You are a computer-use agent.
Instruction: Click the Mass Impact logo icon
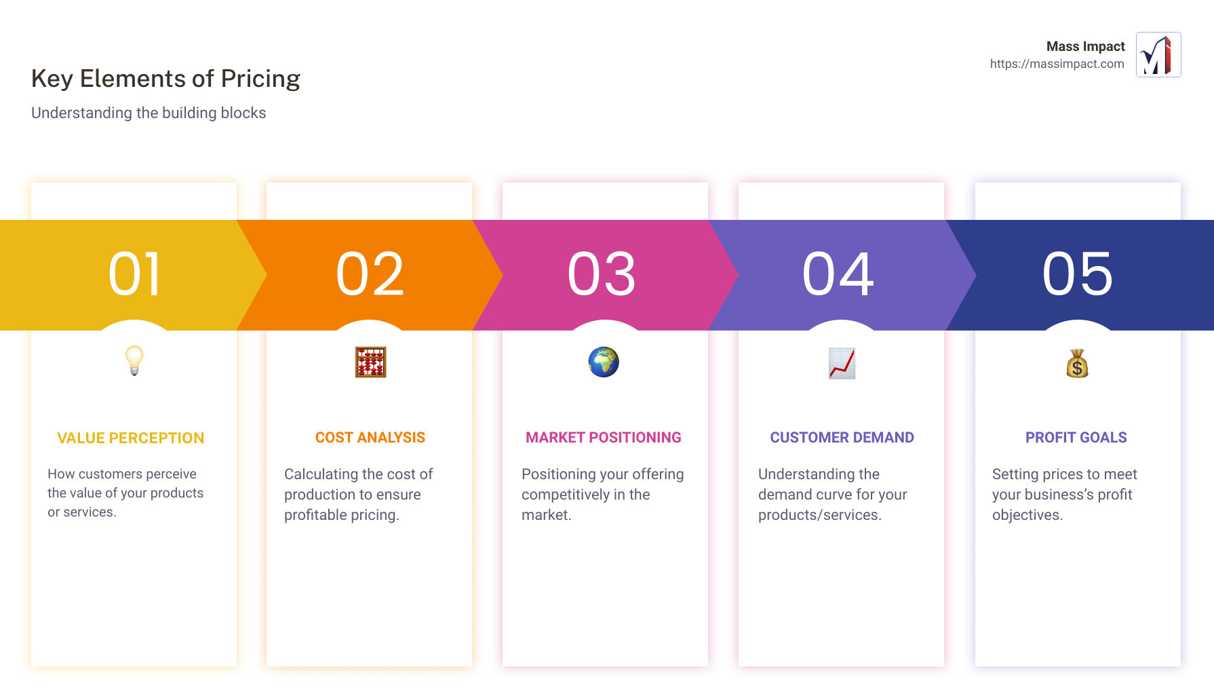[x=1158, y=55]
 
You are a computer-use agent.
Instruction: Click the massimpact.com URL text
[x=1057, y=64]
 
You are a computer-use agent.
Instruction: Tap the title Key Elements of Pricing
[x=165, y=79]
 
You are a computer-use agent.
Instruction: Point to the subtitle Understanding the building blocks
[x=149, y=113]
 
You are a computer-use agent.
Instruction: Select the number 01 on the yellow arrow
[x=134, y=274]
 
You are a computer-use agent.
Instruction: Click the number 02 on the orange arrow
[x=370, y=274]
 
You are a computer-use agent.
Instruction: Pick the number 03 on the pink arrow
[x=602, y=274]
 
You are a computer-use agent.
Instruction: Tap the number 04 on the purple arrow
[x=838, y=274]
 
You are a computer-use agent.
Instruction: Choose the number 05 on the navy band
[x=1078, y=274]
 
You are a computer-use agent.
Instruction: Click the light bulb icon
[x=134, y=360]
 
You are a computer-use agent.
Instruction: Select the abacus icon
[x=370, y=362]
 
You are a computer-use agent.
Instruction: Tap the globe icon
[x=604, y=362]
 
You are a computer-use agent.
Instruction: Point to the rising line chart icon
[x=842, y=363]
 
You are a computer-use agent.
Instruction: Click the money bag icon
[x=1077, y=364]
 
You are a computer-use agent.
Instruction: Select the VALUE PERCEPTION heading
[x=131, y=438]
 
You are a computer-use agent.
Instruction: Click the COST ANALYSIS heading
[x=370, y=438]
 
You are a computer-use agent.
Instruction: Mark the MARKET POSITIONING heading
[x=604, y=438]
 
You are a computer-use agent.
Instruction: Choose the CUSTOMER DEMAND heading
[x=842, y=438]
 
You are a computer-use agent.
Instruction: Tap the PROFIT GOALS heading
[x=1076, y=438]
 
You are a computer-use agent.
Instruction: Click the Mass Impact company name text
[x=1085, y=46]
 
